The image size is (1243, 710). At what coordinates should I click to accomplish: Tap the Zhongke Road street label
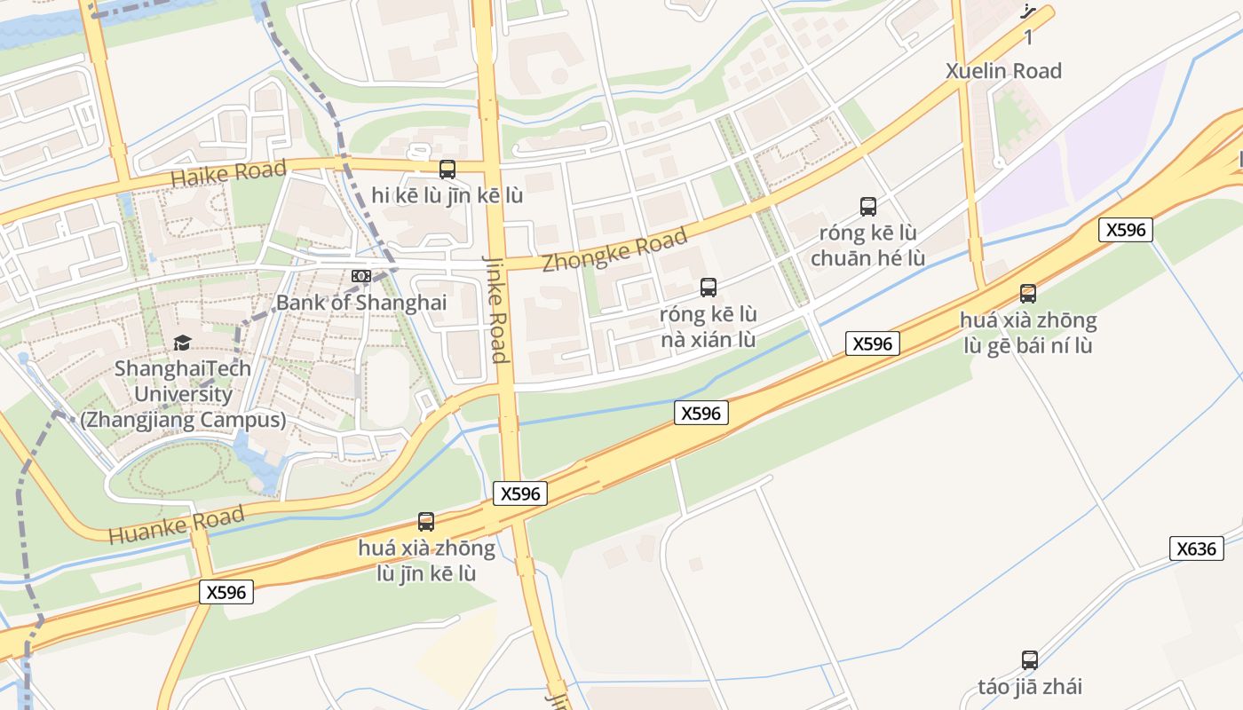pos(614,250)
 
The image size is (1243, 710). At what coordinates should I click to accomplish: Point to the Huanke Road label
pos(176,525)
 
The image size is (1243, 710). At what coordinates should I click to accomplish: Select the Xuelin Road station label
pos(1003,71)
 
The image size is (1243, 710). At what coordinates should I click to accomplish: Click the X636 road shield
pos(1196,548)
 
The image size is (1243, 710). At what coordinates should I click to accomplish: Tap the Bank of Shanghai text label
pos(361,303)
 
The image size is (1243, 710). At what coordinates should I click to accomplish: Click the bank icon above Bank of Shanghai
pos(361,276)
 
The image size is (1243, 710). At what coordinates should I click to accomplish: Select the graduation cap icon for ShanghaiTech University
pos(182,343)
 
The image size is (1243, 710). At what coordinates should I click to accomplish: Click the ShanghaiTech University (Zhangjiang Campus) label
pos(183,394)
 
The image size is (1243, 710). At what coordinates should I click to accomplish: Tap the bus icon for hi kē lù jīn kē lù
pos(447,169)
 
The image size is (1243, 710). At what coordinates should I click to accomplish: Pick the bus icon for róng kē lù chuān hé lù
pos(868,207)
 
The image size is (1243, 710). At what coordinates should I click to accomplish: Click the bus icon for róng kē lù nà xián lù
pos(708,287)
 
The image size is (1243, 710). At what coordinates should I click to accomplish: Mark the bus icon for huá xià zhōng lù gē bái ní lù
pos(1028,293)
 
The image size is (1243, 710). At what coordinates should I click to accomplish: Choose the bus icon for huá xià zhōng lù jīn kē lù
pos(426,522)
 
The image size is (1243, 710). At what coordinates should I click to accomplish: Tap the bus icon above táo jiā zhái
pos(1030,660)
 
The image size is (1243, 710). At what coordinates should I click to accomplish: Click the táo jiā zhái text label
pos(1030,686)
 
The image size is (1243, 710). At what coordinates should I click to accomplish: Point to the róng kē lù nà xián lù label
pos(708,327)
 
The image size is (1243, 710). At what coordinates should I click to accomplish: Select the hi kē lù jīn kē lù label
pos(447,196)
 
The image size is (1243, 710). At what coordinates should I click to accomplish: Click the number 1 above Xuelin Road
pos(1028,37)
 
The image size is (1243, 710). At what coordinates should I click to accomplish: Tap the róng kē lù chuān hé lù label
pos(868,246)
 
